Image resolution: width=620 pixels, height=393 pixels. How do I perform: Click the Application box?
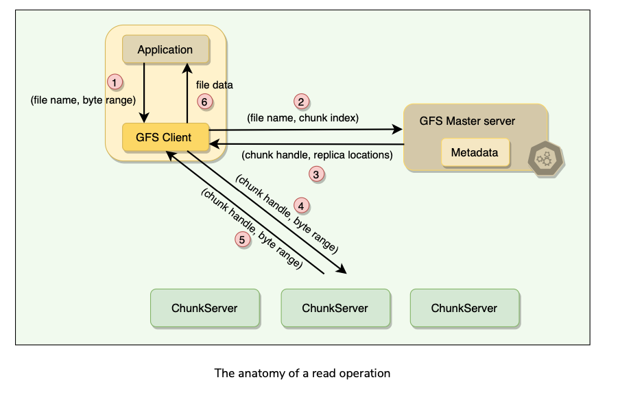coord(165,49)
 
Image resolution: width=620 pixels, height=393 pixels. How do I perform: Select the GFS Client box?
coord(163,137)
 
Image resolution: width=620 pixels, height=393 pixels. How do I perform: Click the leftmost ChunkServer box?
coord(205,308)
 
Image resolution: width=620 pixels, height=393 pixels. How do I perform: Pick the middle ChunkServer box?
coord(335,308)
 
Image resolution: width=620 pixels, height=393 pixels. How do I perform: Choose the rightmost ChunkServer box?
coord(464,308)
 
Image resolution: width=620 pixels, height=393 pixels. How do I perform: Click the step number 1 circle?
coord(116,82)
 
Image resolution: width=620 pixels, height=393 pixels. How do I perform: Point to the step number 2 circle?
coord(301,102)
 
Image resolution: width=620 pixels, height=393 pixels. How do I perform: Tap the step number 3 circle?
coord(316,174)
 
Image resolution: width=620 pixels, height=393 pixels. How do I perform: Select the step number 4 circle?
coord(301,204)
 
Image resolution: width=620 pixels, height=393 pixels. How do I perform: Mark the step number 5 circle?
coord(241,239)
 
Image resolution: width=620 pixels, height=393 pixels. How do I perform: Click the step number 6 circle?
coord(204,102)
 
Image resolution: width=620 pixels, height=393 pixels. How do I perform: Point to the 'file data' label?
coord(214,86)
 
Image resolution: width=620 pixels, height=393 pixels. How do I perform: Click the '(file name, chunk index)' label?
coord(302,117)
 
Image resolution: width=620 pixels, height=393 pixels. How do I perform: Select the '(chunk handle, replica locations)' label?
coord(317,155)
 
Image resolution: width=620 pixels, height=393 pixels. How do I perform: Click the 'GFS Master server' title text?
coord(467,121)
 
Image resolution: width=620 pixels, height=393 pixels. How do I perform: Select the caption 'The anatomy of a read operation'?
coord(302,373)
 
